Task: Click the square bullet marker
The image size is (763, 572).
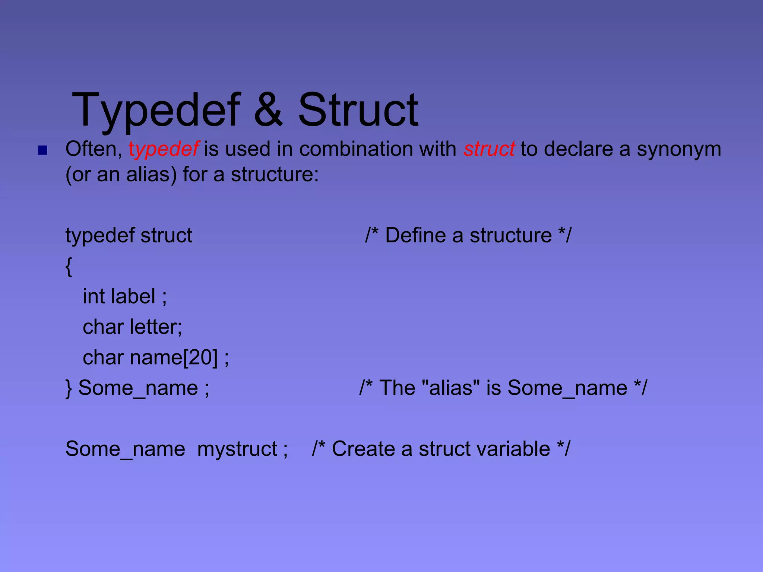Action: [42, 150]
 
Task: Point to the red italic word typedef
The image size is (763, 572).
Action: [164, 150]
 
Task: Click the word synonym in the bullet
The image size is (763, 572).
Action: [679, 150]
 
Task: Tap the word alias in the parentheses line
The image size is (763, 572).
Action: [151, 174]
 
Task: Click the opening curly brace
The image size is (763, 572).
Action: [69, 266]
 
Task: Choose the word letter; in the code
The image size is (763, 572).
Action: [156, 327]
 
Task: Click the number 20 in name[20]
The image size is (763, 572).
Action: [200, 357]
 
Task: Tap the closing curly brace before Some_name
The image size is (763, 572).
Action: [69, 388]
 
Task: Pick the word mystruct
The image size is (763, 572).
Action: [237, 449]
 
